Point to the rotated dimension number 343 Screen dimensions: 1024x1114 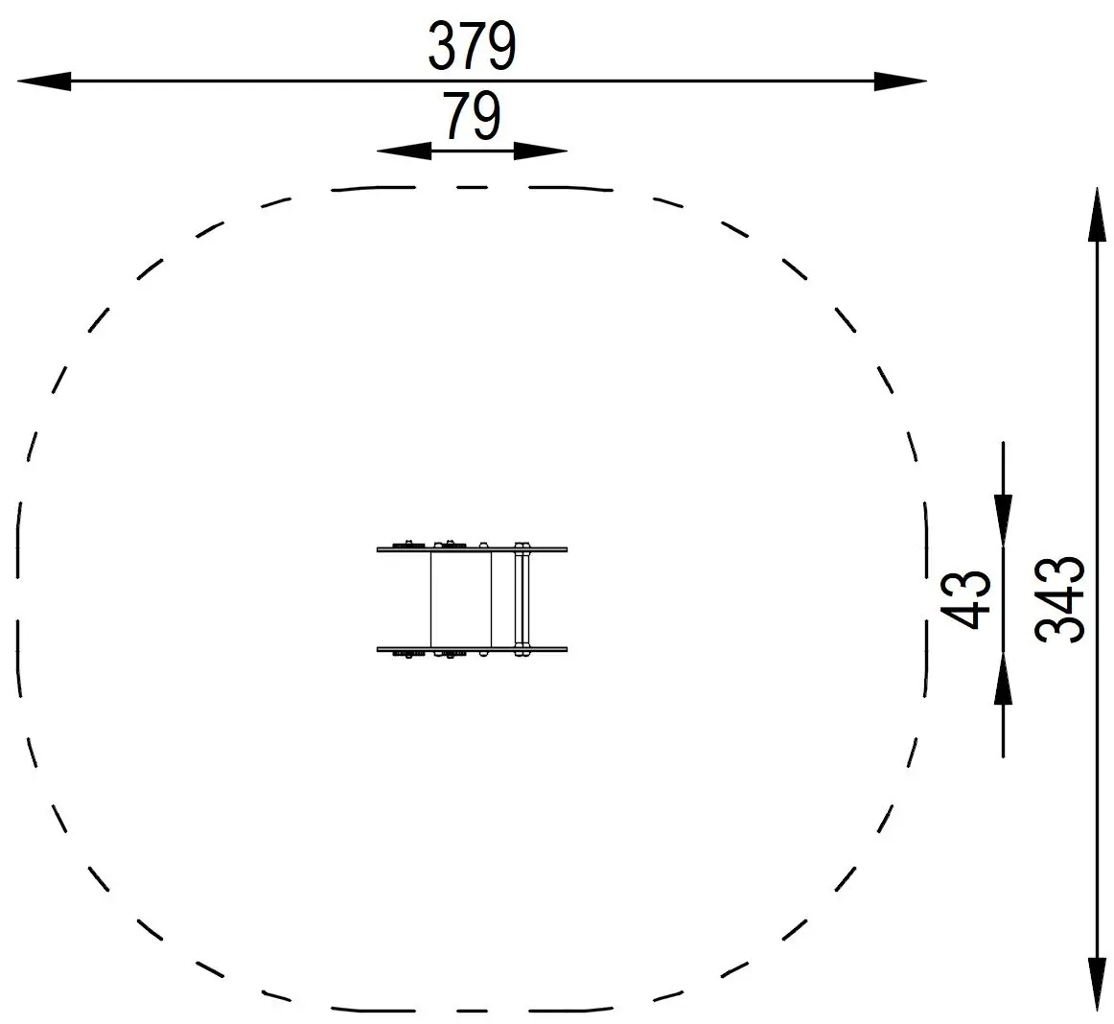[1061, 599]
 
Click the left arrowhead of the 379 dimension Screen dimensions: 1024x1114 [44, 82]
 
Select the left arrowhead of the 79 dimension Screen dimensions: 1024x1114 [404, 151]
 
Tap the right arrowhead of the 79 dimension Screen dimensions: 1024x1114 [541, 151]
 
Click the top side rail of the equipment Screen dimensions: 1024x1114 [472, 549]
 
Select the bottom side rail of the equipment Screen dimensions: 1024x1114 [472, 649]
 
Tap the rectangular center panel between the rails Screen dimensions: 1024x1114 [460, 599]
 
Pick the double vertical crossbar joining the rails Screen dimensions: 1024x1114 [522, 599]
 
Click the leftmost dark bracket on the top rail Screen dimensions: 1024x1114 [410, 545]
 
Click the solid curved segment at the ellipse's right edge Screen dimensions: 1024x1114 [926, 599]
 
